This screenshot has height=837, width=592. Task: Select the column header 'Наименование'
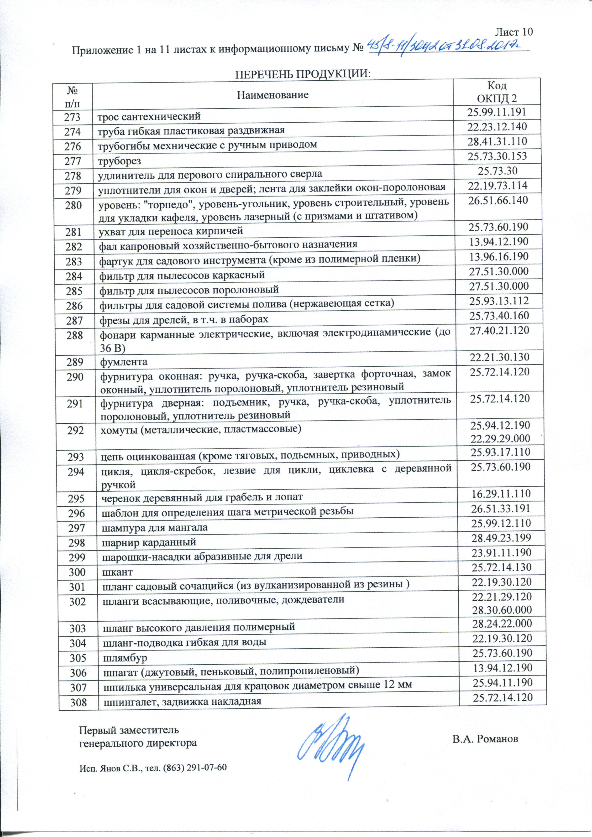(x=272, y=95)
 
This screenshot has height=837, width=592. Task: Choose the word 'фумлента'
(x=124, y=362)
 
